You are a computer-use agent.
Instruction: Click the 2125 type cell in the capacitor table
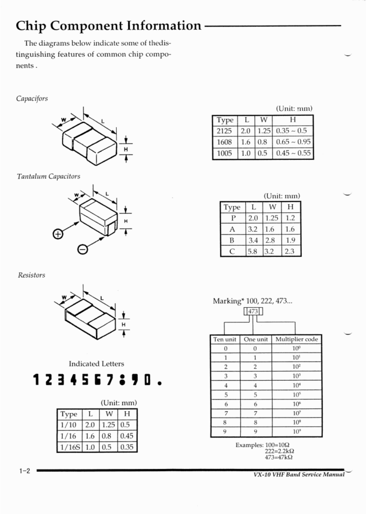(x=224, y=131)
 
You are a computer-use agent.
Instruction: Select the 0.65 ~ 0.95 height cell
(x=293, y=142)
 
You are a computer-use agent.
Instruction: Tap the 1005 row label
(x=224, y=153)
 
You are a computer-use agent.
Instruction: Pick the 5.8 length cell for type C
(x=252, y=251)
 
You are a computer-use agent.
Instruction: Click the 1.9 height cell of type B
(x=290, y=240)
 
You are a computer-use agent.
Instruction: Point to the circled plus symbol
(x=58, y=235)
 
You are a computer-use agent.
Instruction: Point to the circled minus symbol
(x=82, y=249)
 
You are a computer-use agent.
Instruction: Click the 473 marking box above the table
(x=253, y=312)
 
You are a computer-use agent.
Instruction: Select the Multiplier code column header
(x=296, y=339)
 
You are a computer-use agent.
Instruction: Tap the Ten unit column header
(x=225, y=339)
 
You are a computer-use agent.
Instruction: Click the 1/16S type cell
(x=69, y=447)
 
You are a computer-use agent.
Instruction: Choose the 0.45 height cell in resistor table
(x=126, y=436)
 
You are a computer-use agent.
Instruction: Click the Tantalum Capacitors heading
(x=48, y=176)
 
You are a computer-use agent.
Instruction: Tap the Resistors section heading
(x=31, y=275)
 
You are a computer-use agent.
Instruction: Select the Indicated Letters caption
(x=96, y=364)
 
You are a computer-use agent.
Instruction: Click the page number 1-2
(x=24, y=471)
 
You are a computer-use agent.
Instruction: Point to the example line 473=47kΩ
(x=279, y=457)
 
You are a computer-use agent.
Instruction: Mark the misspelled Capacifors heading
(x=32, y=98)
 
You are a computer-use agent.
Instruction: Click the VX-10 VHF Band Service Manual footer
(x=299, y=475)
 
